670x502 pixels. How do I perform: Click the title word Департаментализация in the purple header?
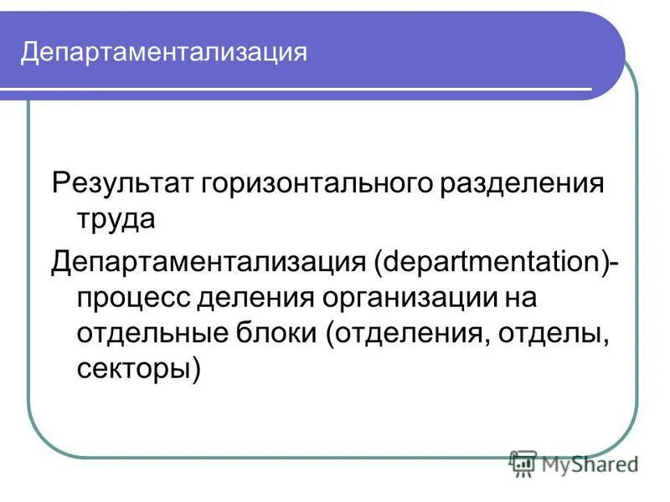164,53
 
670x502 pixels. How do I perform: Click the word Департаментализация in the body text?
210,260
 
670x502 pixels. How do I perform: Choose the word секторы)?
138,371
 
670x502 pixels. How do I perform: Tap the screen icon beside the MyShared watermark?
523,464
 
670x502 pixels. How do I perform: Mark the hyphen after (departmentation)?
616,262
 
